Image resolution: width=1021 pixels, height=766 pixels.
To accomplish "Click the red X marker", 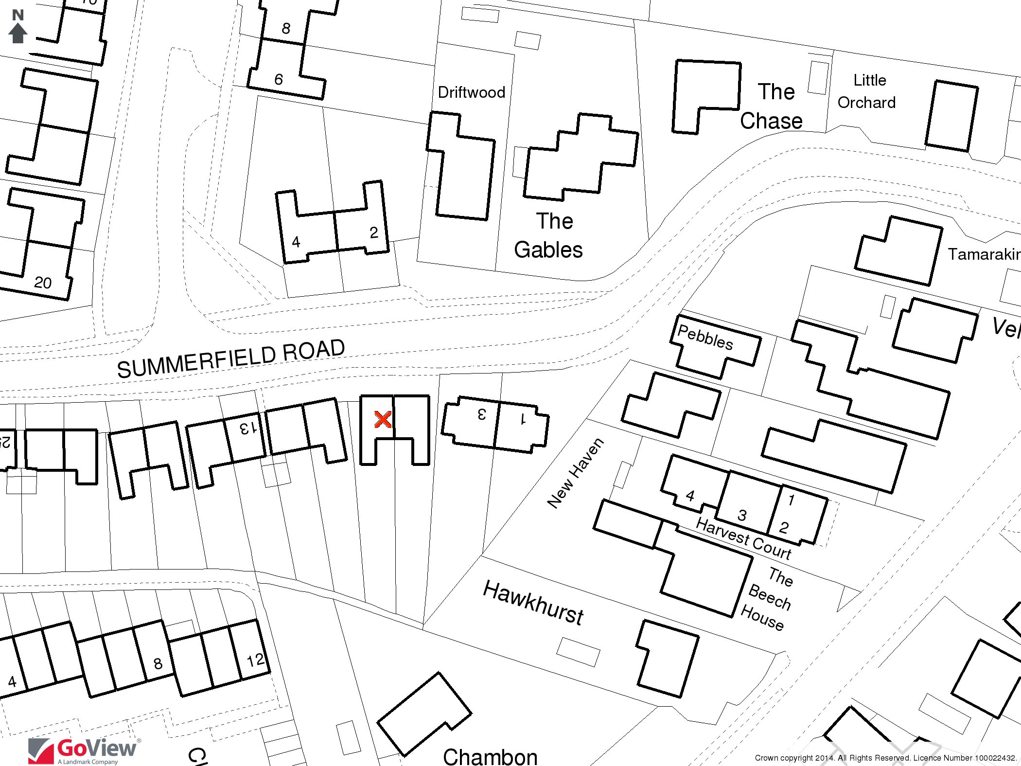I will click(x=383, y=419).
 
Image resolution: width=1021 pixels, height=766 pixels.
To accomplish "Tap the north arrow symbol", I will click(x=18, y=28).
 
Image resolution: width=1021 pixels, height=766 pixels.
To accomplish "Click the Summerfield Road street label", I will click(x=231, y=358).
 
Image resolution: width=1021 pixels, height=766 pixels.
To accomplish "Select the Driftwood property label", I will click(x=471, y=92).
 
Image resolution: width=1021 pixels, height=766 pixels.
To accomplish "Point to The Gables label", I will click(x=549, y=235).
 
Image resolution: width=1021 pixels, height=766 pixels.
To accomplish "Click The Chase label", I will click(x=772, y=106).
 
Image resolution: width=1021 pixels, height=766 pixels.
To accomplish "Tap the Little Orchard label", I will click(x=867, y=91).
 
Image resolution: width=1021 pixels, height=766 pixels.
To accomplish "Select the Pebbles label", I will click(x=705, y=337).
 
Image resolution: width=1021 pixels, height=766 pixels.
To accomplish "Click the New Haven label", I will click(x=576, y=473).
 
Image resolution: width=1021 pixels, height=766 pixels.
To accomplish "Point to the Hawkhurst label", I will click(x=533, y=603).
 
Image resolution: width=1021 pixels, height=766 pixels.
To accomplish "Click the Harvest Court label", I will click(x=743, y=538).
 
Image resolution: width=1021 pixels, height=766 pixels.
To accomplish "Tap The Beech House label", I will click(x=767, y=599).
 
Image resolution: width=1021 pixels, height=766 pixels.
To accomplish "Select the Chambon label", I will click(x=490, y=756).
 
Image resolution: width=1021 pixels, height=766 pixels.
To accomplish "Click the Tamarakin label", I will click(x=984, y=254).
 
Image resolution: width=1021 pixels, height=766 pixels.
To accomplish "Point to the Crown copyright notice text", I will click(x=885, y=758).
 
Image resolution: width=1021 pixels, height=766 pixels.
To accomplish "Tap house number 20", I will click(x=43, y=283).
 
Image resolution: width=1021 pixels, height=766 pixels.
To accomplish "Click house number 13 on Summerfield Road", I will click(x=246, y=428).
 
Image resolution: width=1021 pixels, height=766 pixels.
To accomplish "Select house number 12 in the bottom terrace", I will click(x=256, y=660).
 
